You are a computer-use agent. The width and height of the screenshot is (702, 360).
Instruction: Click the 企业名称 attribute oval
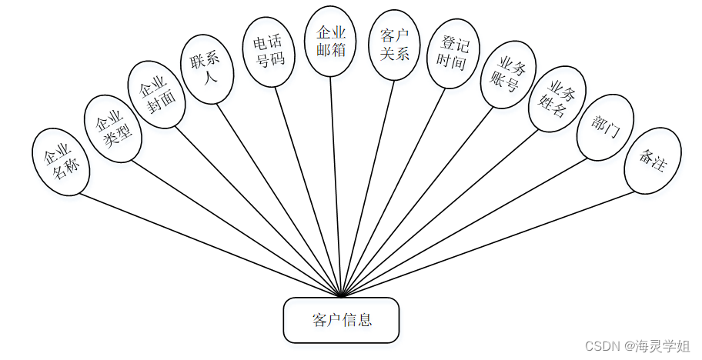62,162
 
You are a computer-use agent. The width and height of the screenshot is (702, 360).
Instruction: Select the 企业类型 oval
112,128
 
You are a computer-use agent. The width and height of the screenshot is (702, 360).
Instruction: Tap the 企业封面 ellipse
156,94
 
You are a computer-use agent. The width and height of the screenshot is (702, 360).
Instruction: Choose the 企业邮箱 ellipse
330,41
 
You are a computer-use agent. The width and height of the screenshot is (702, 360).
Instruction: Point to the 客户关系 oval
394,45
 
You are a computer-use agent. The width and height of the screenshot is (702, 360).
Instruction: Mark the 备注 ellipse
652,159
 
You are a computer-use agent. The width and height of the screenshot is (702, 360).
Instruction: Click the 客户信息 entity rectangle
341,320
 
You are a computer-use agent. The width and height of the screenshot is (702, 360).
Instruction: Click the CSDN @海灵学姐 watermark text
637,346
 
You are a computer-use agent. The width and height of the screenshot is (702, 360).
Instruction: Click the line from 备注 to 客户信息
493,242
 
